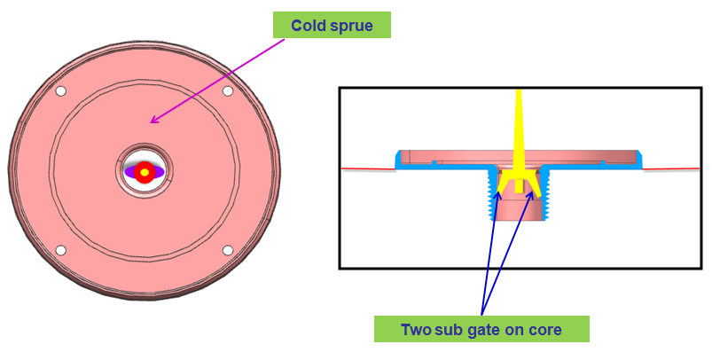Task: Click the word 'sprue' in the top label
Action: (349, 25)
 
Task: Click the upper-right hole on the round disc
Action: (228, 91)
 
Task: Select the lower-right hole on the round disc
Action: (228, 250)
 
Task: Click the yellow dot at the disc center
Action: (144, 170)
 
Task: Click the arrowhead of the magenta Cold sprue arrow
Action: (153, 121)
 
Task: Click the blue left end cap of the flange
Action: (398, 160)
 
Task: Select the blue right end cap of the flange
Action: (640, 160)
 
